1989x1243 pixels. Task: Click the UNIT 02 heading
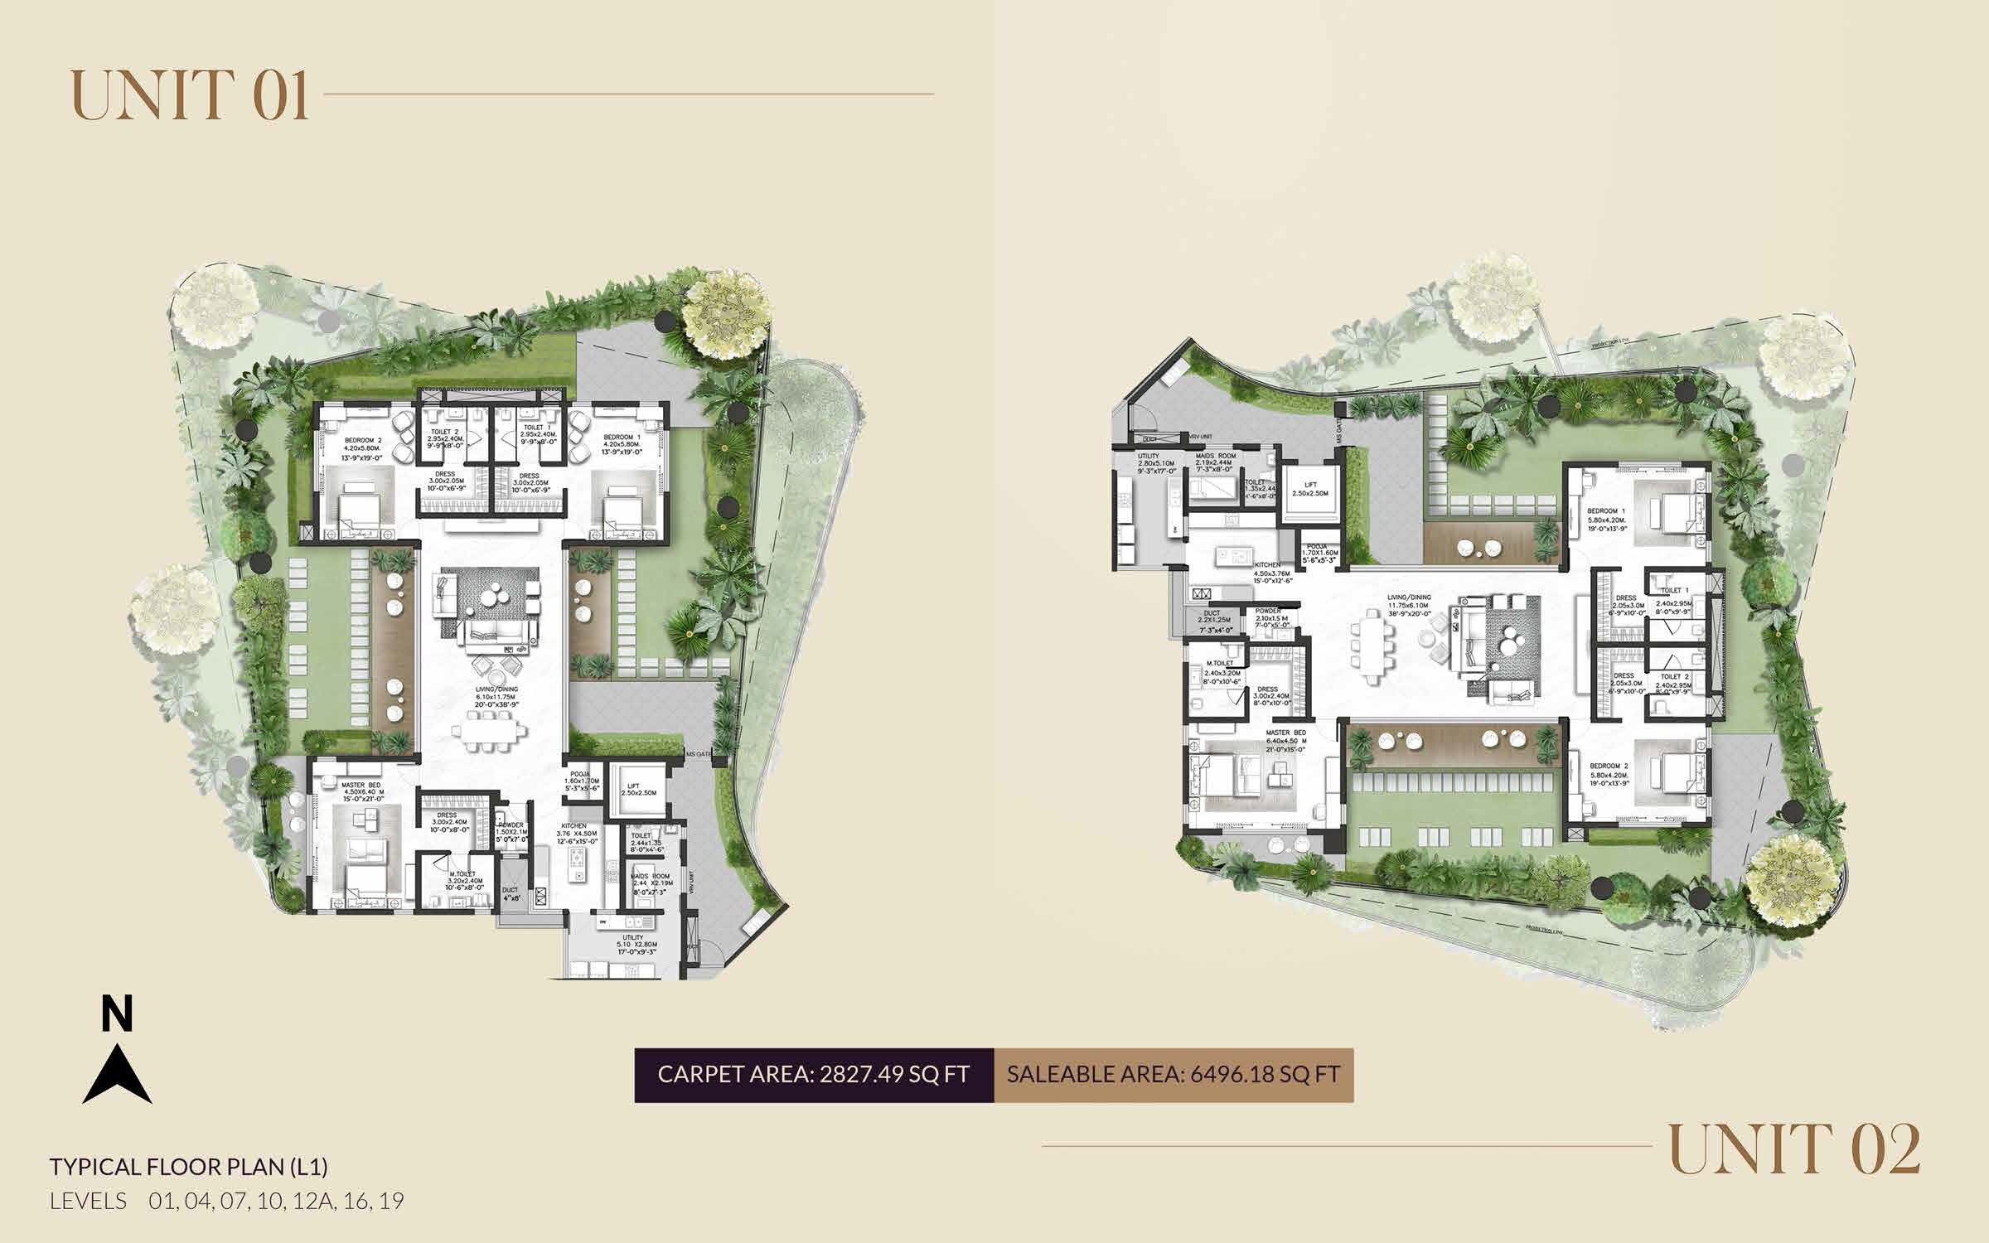point(1795,1148)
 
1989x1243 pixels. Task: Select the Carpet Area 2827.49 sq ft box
point(814,1074)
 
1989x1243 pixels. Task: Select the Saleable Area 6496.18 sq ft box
point(1174,1074)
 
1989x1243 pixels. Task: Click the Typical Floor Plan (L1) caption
point(189,1167)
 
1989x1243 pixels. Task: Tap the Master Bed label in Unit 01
point(361,786)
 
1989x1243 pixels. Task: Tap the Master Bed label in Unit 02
point(1286,733)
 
